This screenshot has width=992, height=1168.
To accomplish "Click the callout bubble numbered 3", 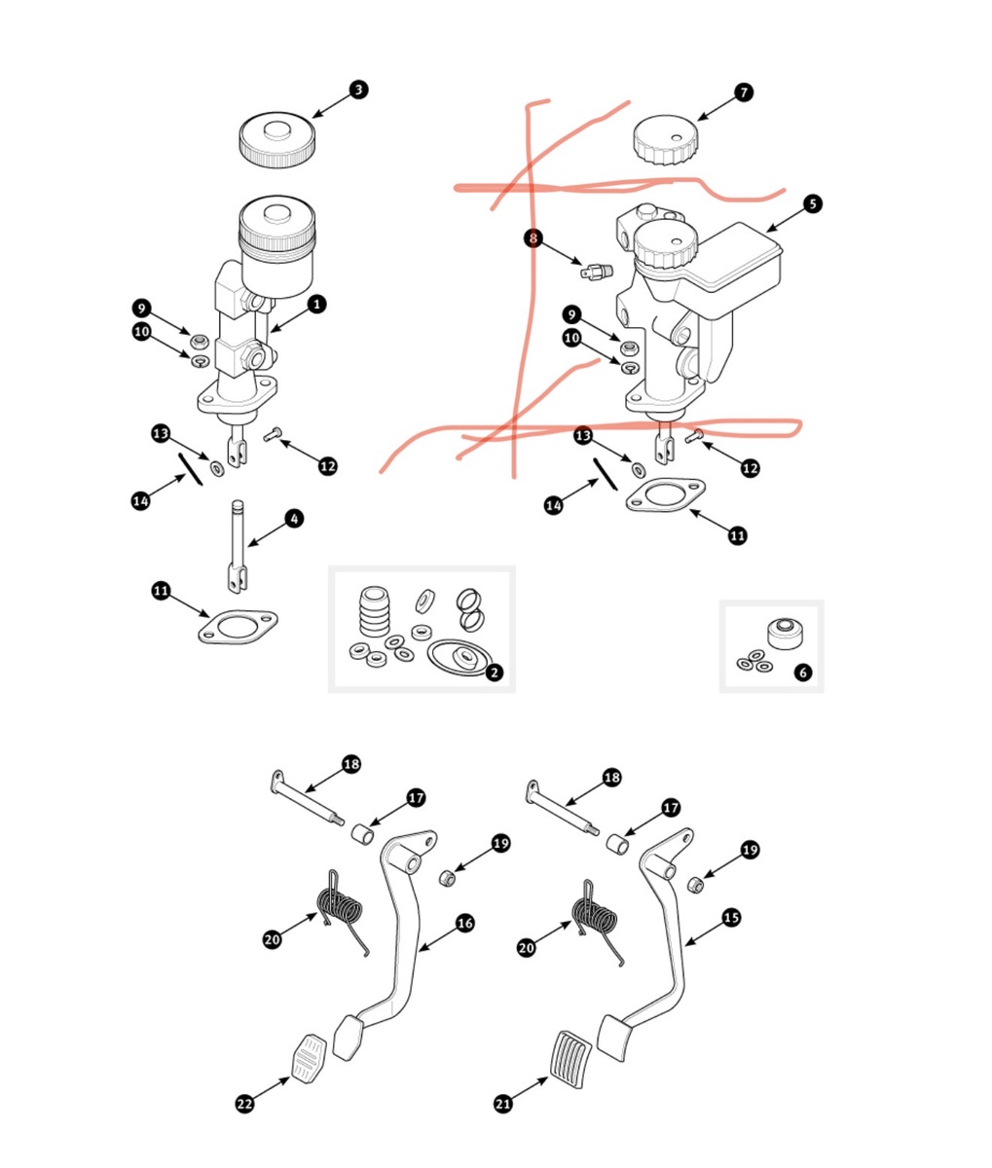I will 359,90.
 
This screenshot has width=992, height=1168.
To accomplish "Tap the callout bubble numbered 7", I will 744,92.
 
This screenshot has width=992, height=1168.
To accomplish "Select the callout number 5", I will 813,204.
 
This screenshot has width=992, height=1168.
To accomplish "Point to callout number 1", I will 316,305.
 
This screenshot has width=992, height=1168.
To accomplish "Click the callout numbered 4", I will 295,519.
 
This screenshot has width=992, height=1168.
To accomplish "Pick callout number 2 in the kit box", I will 495,672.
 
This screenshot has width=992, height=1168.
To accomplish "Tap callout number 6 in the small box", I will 802,672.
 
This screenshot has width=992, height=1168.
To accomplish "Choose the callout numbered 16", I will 465,923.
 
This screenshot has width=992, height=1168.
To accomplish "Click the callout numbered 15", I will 731,917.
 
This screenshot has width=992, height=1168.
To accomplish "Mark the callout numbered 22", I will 245,1103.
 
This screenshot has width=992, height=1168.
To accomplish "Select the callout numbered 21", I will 503,1103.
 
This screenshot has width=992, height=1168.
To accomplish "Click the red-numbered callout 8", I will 533,237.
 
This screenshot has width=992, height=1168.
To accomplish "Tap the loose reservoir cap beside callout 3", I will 276,140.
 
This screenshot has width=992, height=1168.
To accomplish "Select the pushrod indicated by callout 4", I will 238,545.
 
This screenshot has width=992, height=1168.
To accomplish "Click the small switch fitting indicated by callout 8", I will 594,270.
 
